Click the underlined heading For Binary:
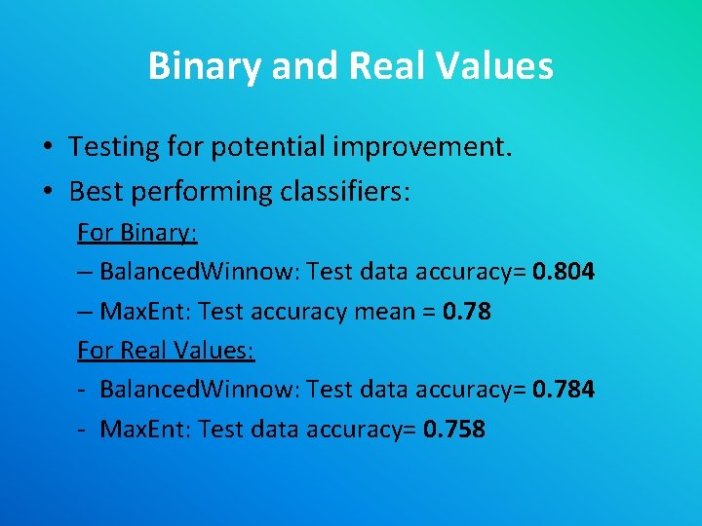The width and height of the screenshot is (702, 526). click(137, 234)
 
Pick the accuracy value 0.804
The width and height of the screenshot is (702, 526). click(564, 272)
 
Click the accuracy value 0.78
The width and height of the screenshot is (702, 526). click(466, 312)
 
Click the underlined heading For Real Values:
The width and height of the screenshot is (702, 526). click(166, 351)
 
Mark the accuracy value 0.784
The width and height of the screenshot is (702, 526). click(564, 390)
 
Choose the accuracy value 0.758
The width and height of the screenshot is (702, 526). click(454, 430)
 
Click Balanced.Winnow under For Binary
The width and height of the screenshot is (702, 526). click(200, 272)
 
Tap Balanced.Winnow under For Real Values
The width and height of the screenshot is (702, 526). click(200, 390)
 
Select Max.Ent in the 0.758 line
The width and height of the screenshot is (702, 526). click(144, 430)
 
